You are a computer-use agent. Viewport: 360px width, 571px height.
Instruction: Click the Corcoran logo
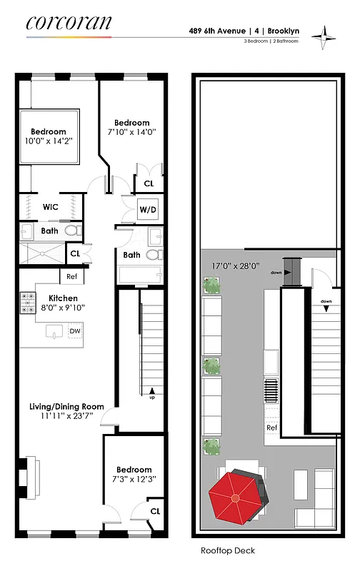(69, 24)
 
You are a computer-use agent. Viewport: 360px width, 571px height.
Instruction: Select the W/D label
(148, 211)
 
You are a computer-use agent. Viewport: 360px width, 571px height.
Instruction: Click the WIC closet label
(50, 207)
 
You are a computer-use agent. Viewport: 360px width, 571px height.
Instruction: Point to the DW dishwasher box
(74, 331)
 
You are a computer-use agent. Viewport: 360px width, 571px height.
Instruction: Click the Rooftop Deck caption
(229, 551)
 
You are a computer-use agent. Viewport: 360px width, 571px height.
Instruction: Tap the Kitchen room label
(63, 298)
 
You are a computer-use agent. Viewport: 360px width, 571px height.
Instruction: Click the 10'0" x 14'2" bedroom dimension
(47, 141)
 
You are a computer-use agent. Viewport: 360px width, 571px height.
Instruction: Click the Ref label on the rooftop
(271, 428)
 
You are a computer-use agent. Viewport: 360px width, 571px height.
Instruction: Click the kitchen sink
(53, 330)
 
